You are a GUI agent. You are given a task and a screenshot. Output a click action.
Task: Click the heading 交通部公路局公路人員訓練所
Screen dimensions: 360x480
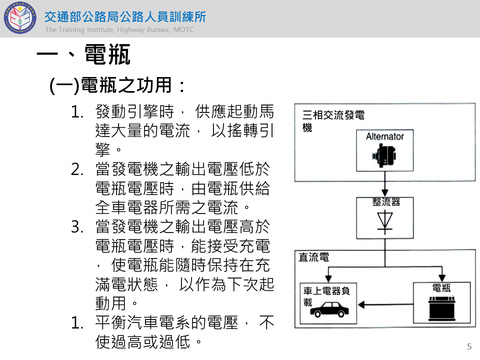(x=125, y=17)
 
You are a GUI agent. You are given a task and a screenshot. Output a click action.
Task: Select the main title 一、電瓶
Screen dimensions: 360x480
(x=83, y=54)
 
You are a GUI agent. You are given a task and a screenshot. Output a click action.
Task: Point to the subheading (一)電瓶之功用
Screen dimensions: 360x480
(x=117, y=85)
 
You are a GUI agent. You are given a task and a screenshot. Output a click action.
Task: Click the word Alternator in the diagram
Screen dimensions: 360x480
(x=384, y=136)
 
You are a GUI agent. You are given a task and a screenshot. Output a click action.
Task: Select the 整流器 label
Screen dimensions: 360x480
(x=385, y=202)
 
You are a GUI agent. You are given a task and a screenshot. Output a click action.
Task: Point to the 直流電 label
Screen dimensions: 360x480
(x=313, y=257)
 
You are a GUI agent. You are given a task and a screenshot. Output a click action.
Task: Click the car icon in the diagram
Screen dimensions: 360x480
(x=329, y=310)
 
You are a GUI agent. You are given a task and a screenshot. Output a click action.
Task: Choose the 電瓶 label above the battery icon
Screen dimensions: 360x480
(x=441, y=287)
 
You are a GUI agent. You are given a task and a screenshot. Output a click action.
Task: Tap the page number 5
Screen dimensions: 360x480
(x=469, y=346)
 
